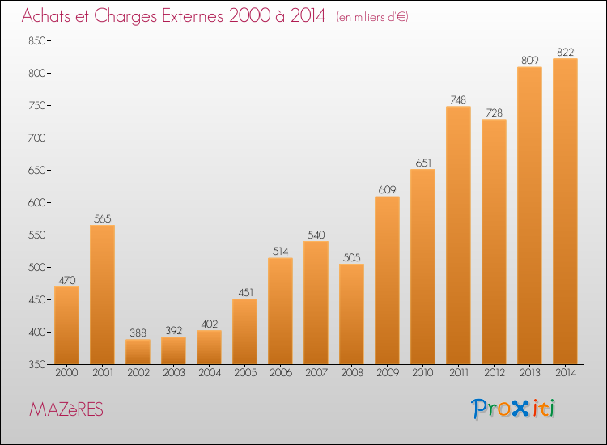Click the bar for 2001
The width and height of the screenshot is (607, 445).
click(x=102, y=295)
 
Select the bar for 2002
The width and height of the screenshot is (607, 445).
click(x=138, y=352)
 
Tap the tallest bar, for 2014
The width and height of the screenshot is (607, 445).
click(x=565, y=211)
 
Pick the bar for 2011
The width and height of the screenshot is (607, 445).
click(x=458, y=235)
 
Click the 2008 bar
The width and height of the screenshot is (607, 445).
click(x=351, y=314)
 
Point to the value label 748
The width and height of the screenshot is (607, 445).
click(x=458, y=100)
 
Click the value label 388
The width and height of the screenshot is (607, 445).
click(x=138, y=333)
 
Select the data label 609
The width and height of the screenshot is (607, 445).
click(x=387, y=189)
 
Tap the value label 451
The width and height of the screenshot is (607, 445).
click(x=246, y=292)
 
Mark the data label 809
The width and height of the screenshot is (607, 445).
click(x=529, y=61)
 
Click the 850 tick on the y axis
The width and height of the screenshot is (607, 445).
click(x=36, y=41)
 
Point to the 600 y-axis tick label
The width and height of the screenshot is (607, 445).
click(x=36, y=203)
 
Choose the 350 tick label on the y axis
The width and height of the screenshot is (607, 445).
click(x=36, y=365)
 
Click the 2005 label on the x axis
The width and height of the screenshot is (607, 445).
click(x=245, y=373)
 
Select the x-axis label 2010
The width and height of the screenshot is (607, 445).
click(x=422, y=373)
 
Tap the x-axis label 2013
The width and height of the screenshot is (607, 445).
click(x=529, y=373)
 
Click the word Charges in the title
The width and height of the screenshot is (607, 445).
click(x=125, y=16)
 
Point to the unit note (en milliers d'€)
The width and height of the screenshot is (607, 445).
click(x=372, y=17)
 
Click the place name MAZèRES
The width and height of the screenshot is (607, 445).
click(x=66, y=409)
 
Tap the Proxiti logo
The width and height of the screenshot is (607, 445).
click(x=513, y=409)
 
